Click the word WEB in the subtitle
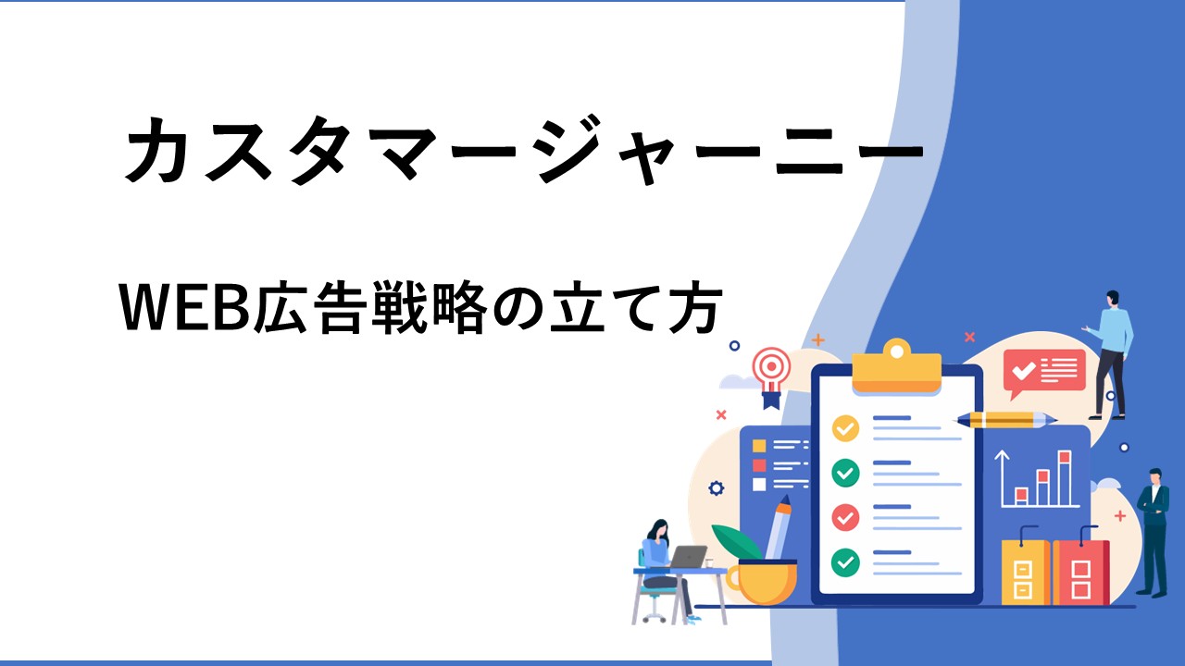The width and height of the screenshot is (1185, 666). click(186, 308)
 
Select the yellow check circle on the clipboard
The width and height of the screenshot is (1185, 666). click(845, 428)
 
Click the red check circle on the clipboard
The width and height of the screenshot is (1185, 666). click(845, 517)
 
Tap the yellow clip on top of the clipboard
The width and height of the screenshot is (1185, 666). click(897, 366)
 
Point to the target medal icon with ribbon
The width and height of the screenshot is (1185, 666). click(772, 376)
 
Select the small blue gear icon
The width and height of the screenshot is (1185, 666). click(717, 487)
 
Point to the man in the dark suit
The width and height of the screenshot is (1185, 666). click(1154, 532)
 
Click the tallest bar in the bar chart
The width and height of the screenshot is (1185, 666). click(1065, 478)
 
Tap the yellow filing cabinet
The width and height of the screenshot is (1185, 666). click(1025, 572)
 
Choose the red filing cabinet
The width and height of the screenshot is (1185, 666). click(1080, 572)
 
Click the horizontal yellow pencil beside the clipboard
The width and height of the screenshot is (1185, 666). click(1005, 420)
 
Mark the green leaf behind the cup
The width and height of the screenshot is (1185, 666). click(736, 542)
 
